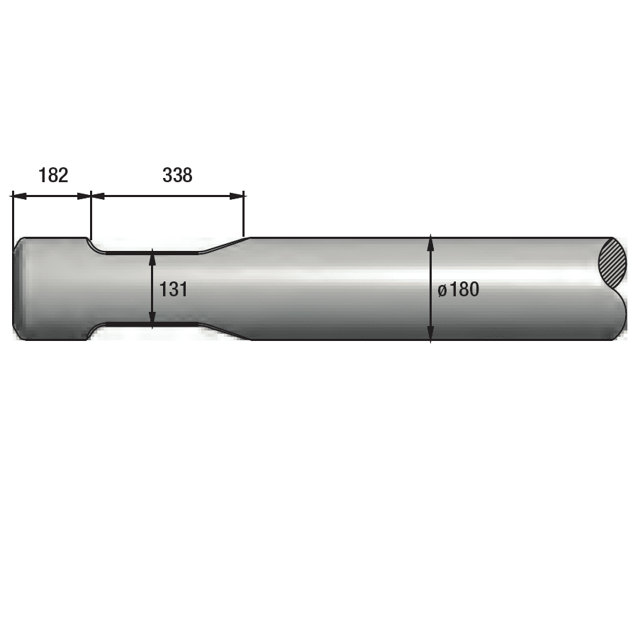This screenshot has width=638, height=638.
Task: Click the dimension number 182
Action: tap(53, 175)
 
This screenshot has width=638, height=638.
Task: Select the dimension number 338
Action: tap(177, 175)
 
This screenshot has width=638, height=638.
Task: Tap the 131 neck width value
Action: tap(174, 290)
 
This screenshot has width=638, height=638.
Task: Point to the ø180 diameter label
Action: tap(459, 290)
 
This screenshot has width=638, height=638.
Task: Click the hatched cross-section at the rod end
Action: tap(612, 264)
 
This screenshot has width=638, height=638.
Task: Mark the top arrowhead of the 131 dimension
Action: tap(152, 258)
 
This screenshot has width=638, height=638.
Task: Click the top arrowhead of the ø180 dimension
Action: tap(431, 243)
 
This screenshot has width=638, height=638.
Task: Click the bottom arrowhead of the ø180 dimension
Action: tap(431, 333)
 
